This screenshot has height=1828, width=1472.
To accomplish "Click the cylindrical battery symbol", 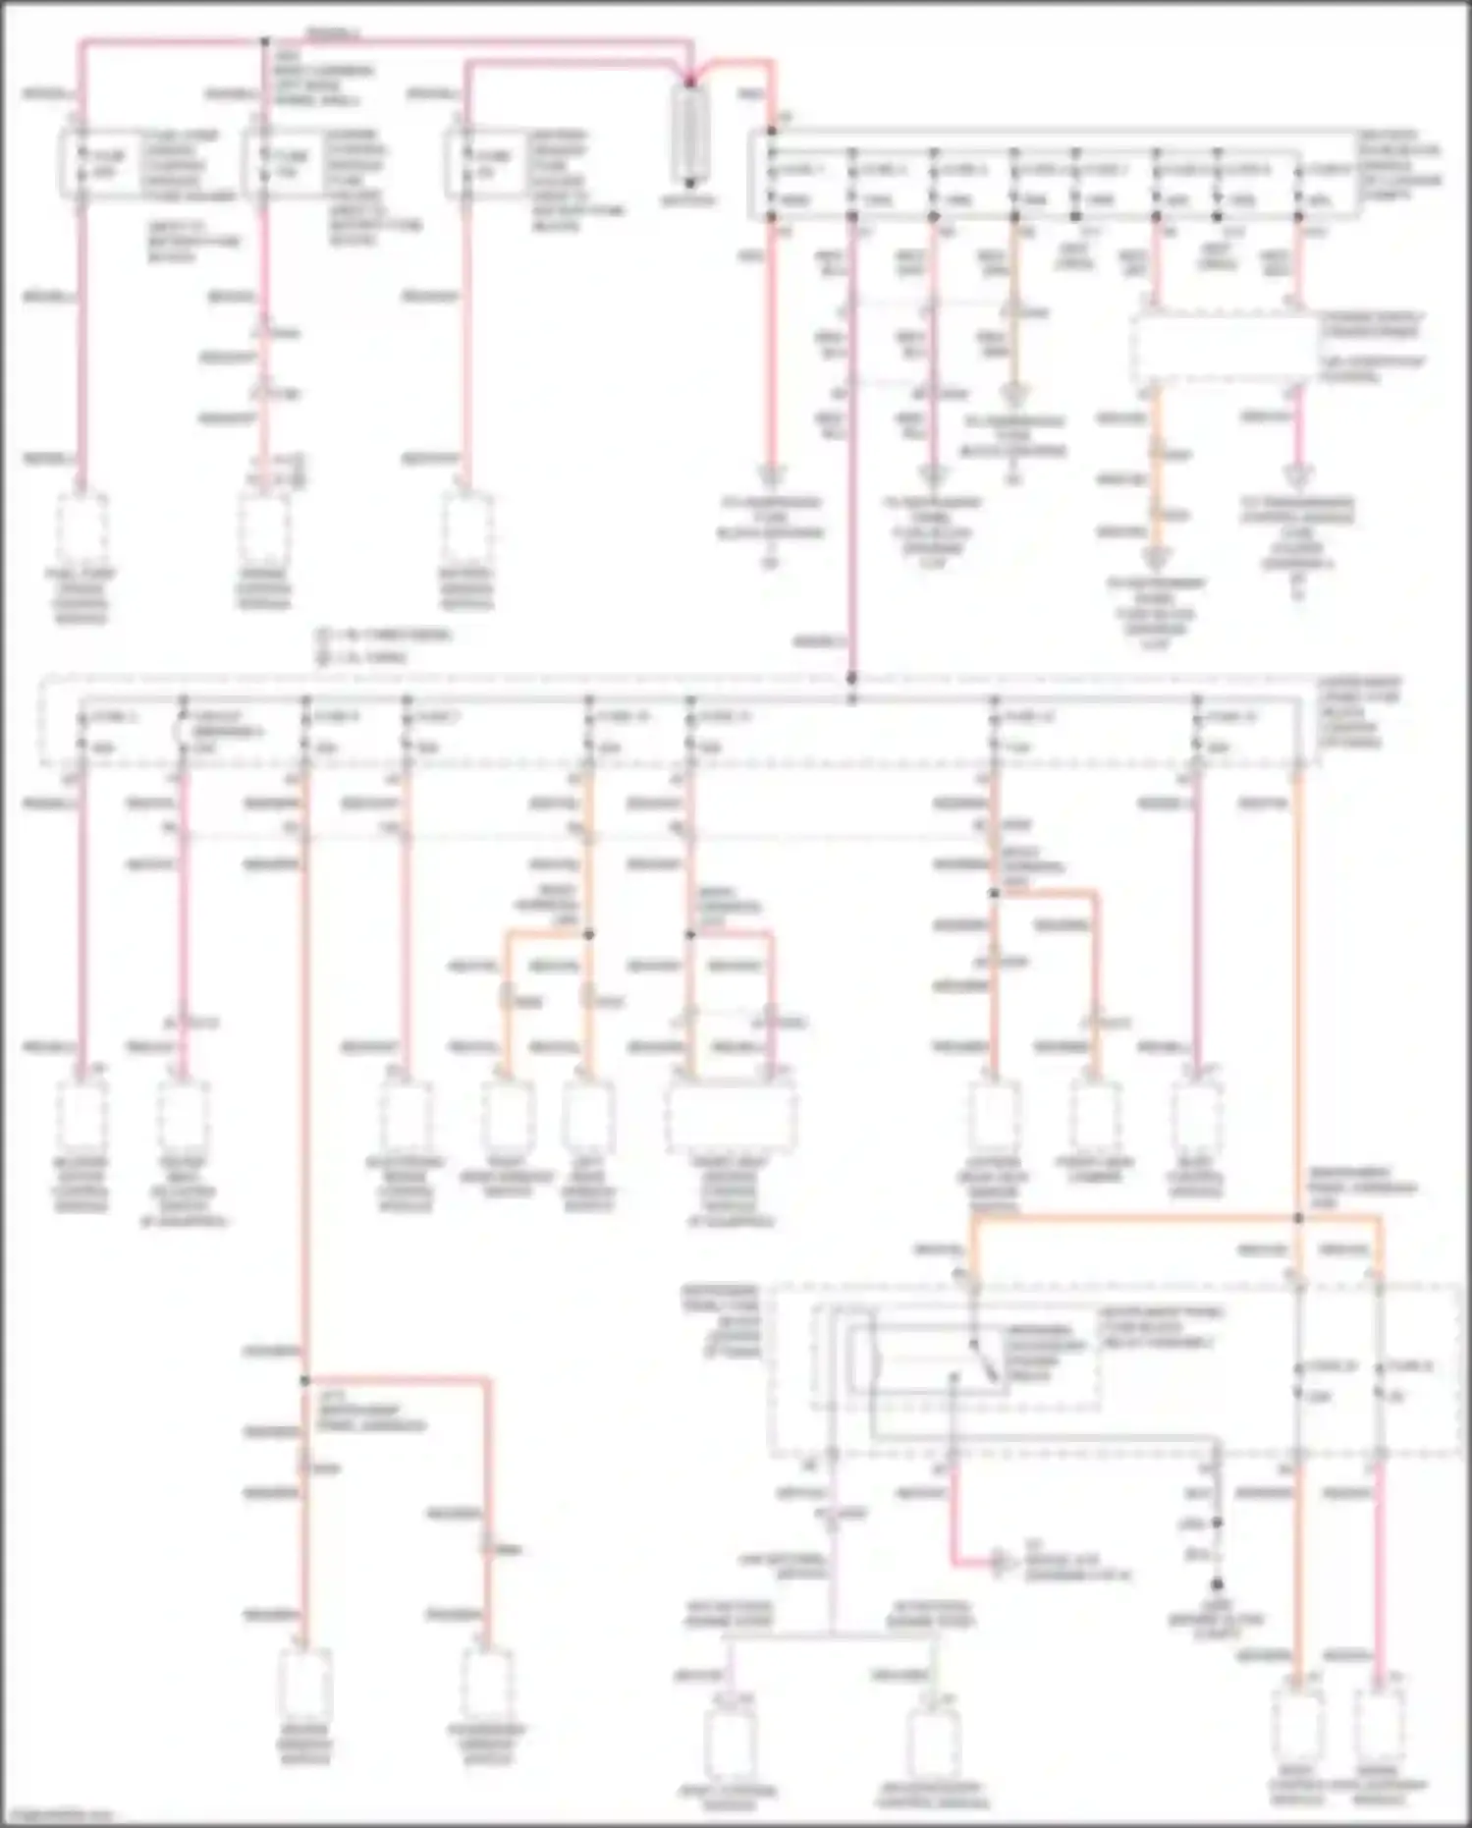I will pos(690,134).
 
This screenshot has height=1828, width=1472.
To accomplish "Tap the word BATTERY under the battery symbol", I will pos(689,200).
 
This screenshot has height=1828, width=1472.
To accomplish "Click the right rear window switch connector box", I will pos(508,1116).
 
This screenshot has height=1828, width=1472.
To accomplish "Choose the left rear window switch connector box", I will pos(588,1116).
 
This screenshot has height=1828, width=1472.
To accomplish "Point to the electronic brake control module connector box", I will pos(406,1116).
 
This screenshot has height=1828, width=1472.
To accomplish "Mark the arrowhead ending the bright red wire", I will pos(998,1562).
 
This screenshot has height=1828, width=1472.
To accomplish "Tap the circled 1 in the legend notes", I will pos(322,635).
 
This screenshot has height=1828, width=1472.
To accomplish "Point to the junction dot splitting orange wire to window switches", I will pos(589,934).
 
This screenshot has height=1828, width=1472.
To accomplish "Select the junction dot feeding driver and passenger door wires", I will pos(304,1380).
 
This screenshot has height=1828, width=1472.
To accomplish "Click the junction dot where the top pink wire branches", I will pos(264,42).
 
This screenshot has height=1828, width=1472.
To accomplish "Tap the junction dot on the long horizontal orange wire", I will pos(1297,1218).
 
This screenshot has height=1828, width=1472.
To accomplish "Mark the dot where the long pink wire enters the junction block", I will pos(851,678).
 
